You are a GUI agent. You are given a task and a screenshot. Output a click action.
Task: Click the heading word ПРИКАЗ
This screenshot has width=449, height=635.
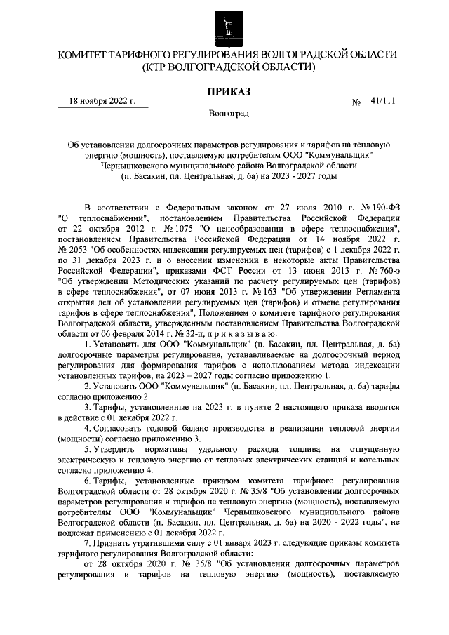point(224,90)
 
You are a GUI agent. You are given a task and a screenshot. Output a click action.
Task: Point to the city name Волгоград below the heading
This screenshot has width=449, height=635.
point(224,112)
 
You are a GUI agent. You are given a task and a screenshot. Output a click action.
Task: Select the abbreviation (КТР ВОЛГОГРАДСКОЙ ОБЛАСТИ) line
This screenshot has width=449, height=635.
point(224,67)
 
